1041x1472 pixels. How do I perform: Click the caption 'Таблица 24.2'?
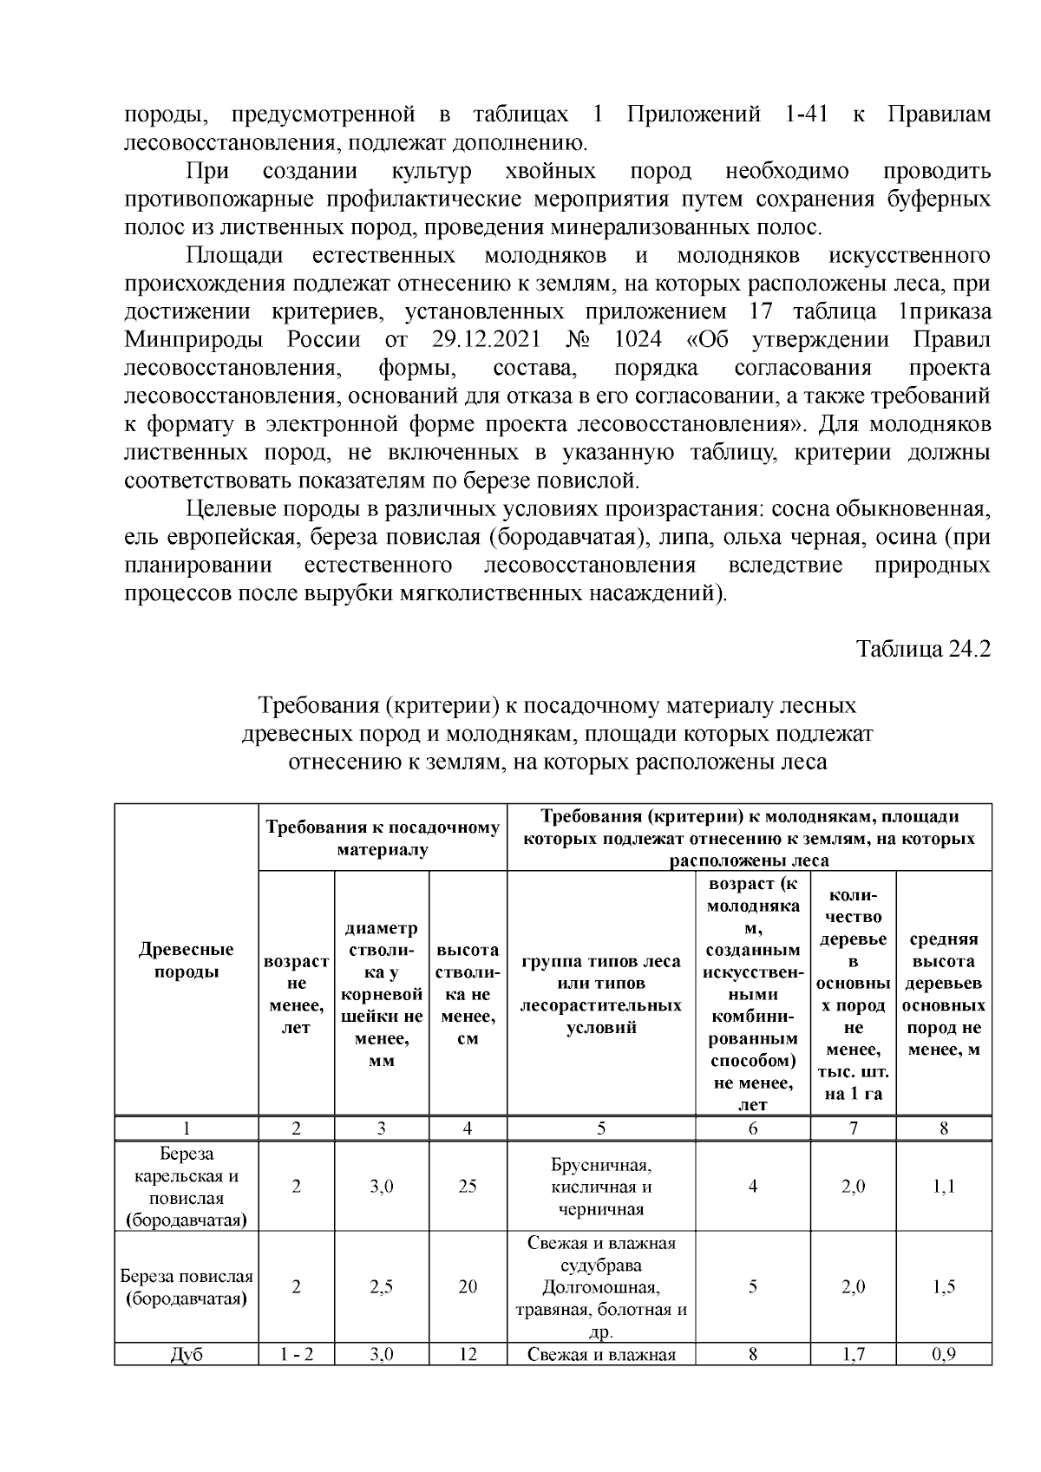tap(923, 650)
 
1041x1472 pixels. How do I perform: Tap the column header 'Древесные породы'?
tap(186, 961)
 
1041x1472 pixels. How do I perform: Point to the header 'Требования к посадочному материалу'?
tap(382, 838)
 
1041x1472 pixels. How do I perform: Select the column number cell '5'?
tap(600, 1129)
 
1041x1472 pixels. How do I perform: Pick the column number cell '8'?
tap(943, 1129)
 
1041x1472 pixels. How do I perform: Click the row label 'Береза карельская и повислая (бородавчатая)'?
tap(186, 1187)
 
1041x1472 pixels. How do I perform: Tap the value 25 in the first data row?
tap(468, 1187)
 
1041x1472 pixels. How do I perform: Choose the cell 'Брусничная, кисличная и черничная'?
tap(600, 1187)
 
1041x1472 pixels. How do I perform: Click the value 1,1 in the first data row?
tap(943, 1187)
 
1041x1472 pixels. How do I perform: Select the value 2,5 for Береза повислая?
tap(381, 1287)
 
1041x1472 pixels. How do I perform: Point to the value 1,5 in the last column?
tap(943, 1287)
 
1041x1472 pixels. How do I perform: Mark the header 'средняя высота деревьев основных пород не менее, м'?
tap(943, 994)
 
